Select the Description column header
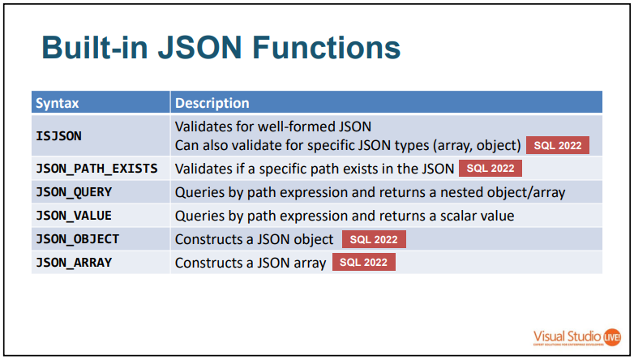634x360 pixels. coord(212,103)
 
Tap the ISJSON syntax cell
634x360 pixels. coord(58,135)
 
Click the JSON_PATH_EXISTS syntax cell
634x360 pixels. coord(96,169)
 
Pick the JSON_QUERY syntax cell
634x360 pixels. coord(74,192)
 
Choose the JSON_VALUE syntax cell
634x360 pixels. coord(74,216)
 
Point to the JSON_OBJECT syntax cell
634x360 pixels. coord(77,239)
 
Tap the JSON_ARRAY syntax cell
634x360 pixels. coord(74,263)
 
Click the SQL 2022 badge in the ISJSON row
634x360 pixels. coord(558,146)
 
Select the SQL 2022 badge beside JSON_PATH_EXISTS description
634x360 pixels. coord(490,169)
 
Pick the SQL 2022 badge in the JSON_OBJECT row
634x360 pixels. coord(374,239)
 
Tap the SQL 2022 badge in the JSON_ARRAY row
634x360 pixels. coord(363,263)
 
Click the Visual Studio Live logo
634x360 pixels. coord(577,336)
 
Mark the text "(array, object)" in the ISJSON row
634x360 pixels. coord(479,146)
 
